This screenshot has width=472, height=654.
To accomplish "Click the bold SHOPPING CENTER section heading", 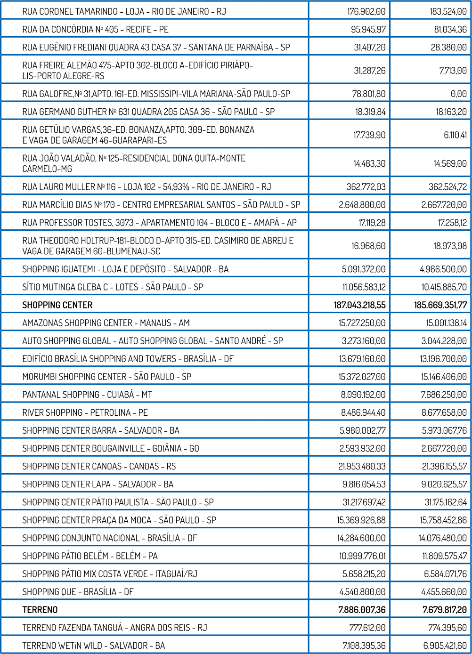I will tap(57, 305).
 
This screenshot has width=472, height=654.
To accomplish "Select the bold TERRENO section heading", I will tap(40, 610).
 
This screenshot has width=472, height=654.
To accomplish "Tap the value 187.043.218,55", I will tap(359, 305).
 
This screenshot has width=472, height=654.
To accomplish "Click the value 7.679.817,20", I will tap(444, 610).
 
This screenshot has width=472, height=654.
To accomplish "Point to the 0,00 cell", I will tap(458, 94).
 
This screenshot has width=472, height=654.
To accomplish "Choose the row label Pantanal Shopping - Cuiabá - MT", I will tap(87, 395).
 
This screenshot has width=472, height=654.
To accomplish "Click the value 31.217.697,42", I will tap(364, 502).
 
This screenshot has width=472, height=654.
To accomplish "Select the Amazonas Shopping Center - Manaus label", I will tap(106, 323).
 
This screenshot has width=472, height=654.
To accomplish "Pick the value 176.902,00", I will tap(366, 11).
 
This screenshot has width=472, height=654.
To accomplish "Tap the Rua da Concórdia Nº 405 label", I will tap(95, 29).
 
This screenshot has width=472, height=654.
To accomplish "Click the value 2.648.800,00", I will tap(362, 205).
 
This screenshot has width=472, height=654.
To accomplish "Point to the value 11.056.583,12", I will tap(364, 287).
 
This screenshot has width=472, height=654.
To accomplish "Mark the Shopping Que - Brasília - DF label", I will tap(78, 592).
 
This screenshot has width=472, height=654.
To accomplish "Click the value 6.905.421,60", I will tap(445, 646).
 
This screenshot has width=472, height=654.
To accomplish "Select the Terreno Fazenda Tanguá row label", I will tap(114, 628).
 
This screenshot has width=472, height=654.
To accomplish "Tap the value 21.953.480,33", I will tap(362, 467).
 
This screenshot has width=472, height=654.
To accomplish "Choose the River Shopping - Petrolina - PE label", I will tap(85, 412).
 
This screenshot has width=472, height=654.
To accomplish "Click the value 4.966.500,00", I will tap(443, 269).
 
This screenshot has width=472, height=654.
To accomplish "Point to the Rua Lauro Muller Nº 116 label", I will tap(146, 187).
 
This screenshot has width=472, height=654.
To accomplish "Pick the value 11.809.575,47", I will tap(444, 556).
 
